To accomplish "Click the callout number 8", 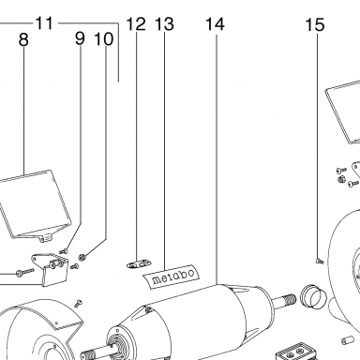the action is tap(23, 39).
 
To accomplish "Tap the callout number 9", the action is tap(80, 38).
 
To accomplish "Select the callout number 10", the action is tap(104, 39).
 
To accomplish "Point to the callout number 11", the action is tap(44, 22).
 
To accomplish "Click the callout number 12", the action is tap(136, 23).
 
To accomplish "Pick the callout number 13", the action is tap(164, 23).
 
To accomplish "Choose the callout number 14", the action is tap(216, 24).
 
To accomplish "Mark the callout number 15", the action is tap(315, 24).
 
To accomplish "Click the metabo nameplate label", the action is tap(172, 276).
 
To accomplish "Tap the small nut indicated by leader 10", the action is tap(82, 257).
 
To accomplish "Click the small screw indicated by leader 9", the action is tap(64, 250).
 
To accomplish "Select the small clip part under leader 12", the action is tap(139, 264).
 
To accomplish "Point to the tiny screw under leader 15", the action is tap(320, 261).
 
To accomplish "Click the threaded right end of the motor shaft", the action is tap(289, 300).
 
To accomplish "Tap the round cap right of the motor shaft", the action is tap(313, 296).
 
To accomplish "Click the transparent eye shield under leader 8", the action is tap(36, 205).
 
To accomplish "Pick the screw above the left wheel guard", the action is tap(78, 303).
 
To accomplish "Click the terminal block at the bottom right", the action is tap(296, 352).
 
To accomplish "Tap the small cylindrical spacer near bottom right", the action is tap(347, 340).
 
